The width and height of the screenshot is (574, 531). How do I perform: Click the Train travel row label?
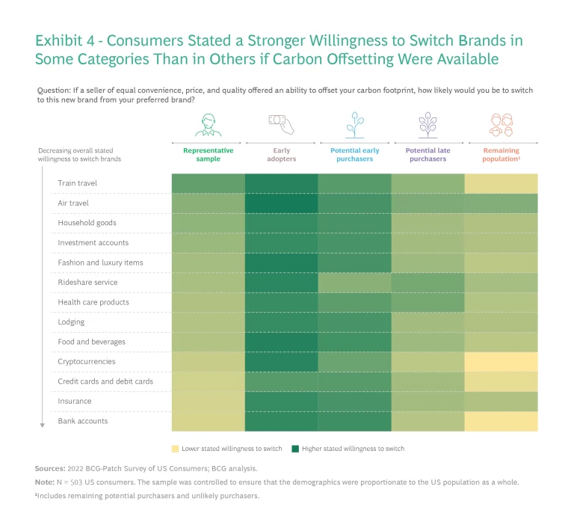click(78, 183)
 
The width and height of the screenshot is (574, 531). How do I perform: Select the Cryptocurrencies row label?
click(86, 361)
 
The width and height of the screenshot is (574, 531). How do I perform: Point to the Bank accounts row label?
click(83, 421)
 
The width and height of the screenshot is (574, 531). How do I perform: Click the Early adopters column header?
click(281, 155)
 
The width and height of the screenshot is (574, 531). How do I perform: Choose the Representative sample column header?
click(209, 155)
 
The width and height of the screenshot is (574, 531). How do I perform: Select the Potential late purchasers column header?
click(428, 155)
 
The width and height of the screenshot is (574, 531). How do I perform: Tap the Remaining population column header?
click(501, 155)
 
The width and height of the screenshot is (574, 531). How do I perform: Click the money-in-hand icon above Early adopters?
click(281, 124)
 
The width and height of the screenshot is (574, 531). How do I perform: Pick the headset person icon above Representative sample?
click(209, 124)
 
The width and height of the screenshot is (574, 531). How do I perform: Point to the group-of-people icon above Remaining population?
click(501, 124)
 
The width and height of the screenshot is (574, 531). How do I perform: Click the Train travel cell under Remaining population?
click(501, 183)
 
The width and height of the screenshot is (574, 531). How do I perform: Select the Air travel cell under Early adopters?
click(281, 203)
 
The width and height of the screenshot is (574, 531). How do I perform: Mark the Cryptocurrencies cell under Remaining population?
click(501, 361)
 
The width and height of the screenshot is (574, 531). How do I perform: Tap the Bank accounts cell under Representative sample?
click(209, 421)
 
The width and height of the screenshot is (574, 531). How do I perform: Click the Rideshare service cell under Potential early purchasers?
click(354, 282)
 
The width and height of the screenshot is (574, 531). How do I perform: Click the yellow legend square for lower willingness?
click(176, 449)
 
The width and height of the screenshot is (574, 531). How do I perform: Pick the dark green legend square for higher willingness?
click(295, 449)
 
